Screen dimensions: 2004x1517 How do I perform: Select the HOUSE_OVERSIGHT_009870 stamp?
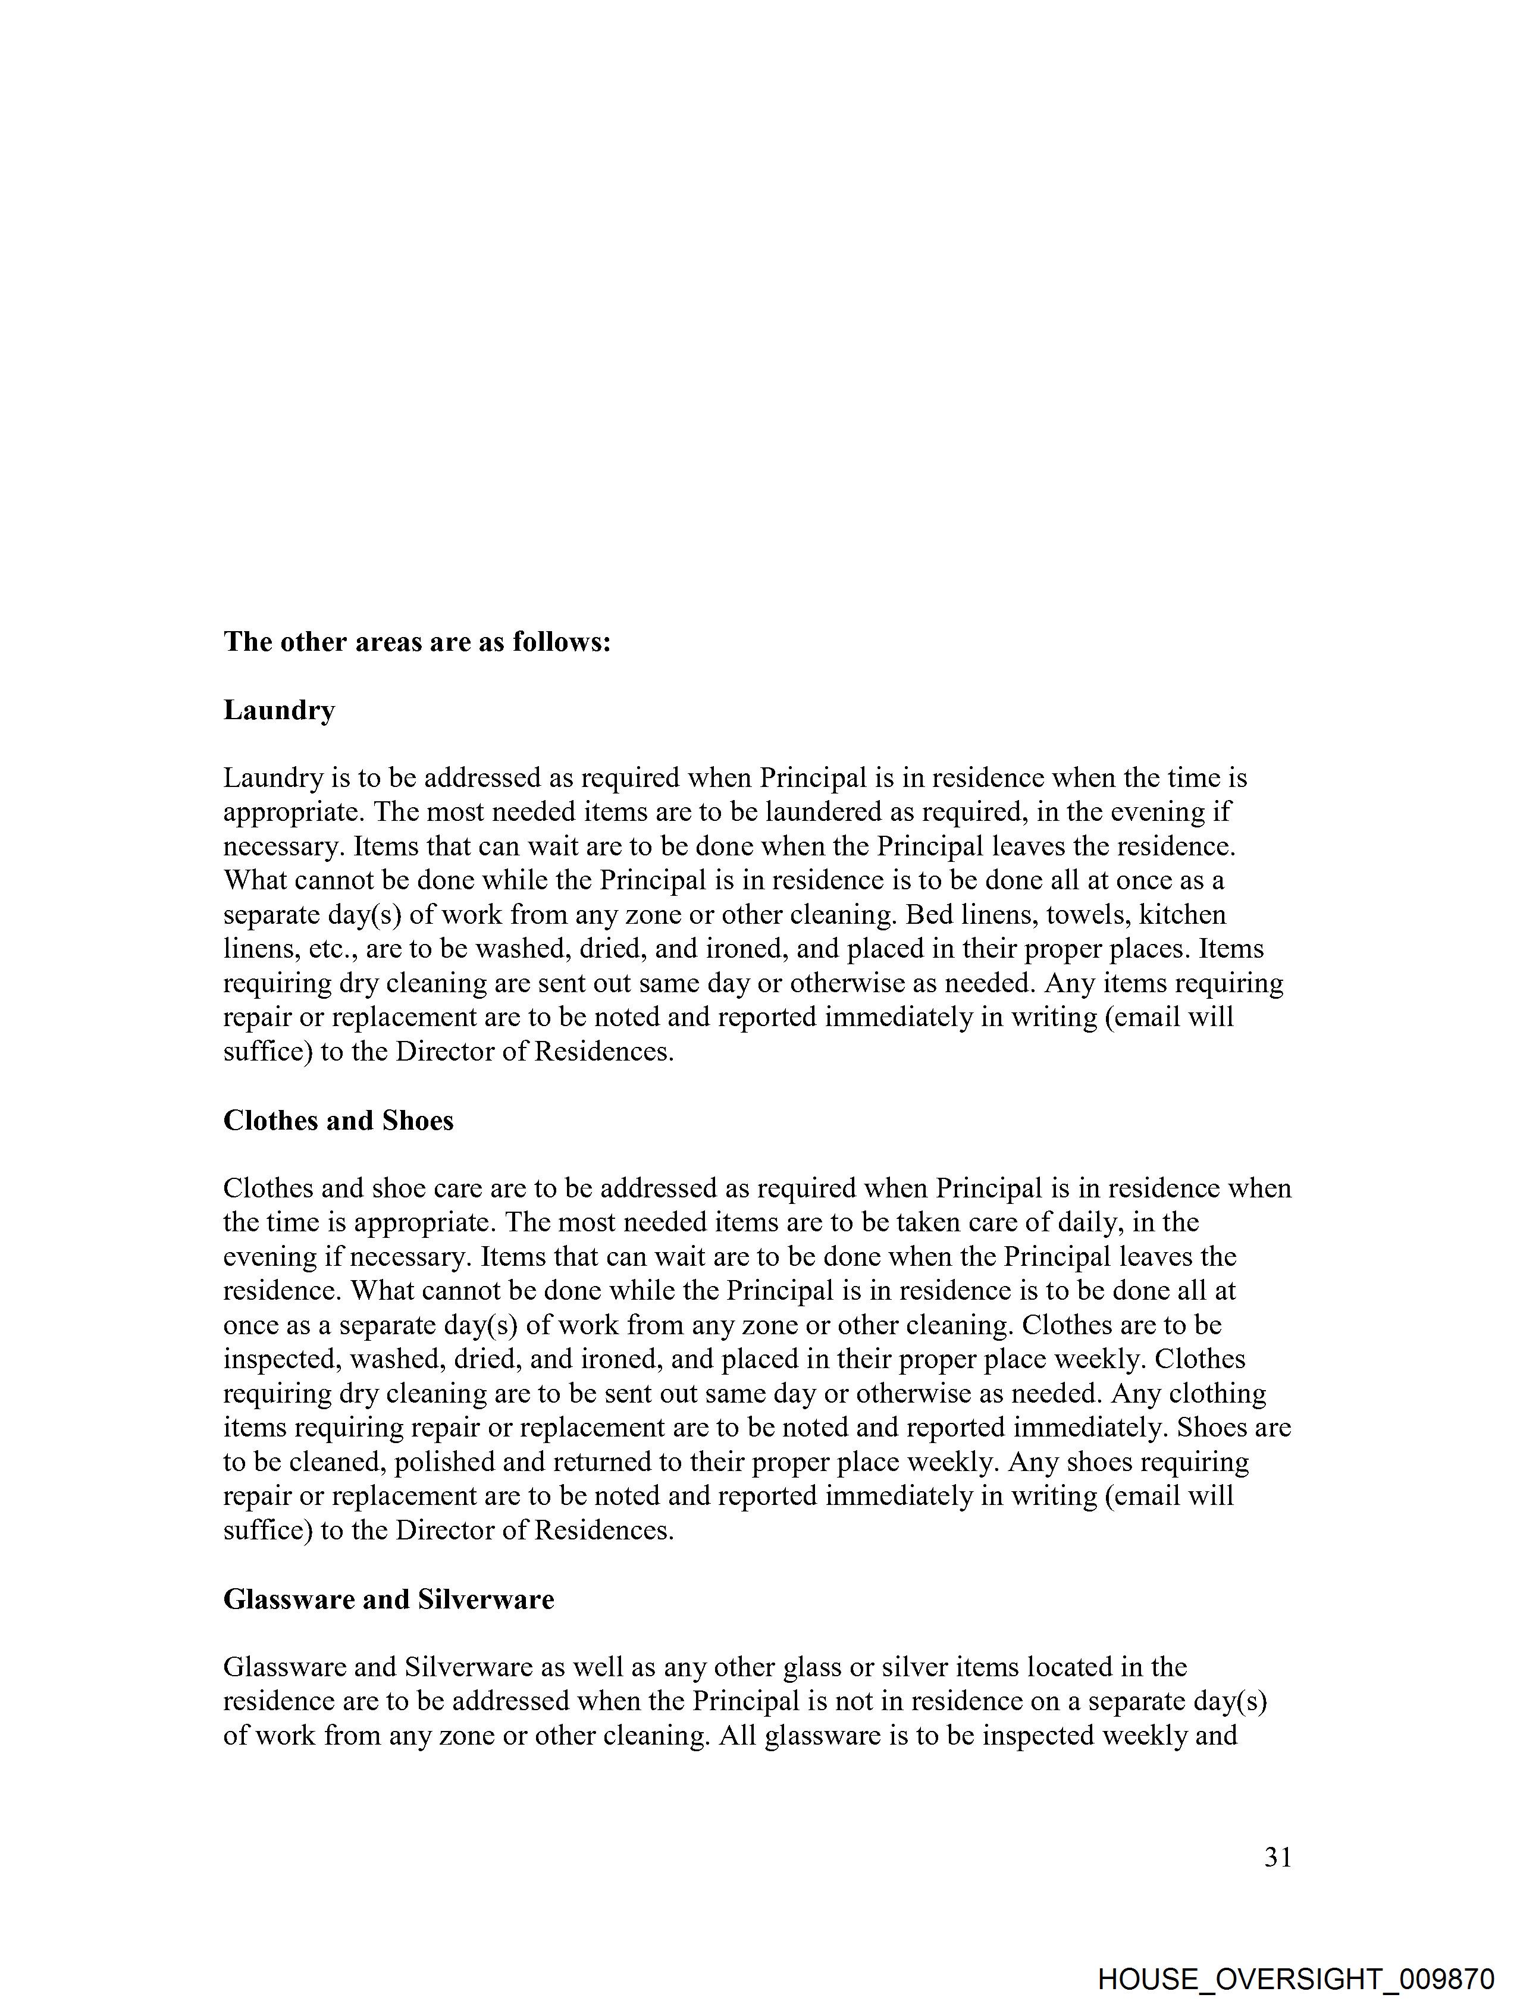(x=1295, y=1978)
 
